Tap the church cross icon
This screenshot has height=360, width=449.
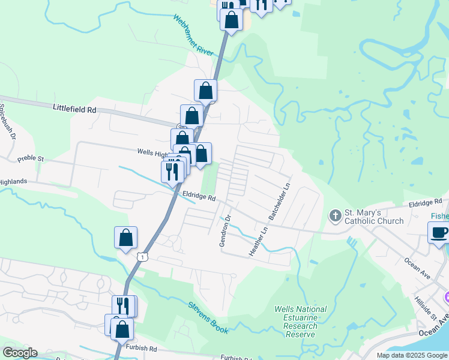(335, 215)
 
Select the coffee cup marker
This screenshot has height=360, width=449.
(439, 232)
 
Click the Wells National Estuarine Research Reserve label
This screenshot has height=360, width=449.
(300, 318)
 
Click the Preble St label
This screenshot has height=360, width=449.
(31, 159)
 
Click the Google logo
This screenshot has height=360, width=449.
(20, 353)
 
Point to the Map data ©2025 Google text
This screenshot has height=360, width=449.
(411, 355)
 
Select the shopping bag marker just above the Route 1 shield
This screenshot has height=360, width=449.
(126, 238)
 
